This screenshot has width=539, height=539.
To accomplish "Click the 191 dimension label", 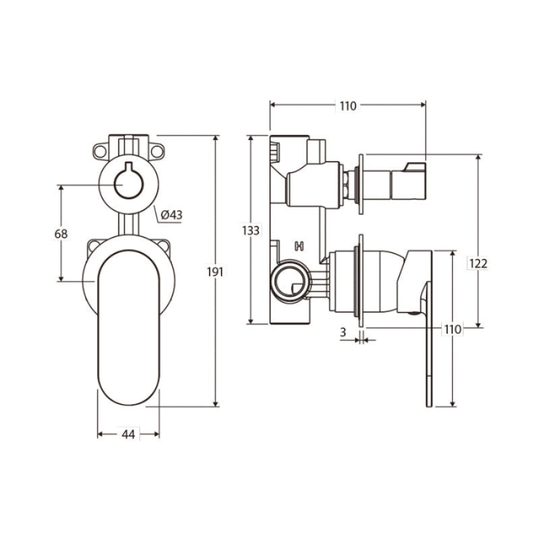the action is pyautogui.click(x=215, y=272).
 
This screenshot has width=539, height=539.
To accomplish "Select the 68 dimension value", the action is pyautogui.click(x=61, y=234).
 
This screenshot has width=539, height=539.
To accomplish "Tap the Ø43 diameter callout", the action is pyautogui.click(x=172, y=215).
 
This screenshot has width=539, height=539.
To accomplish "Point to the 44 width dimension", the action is pyautogui.click(x=128, y=435).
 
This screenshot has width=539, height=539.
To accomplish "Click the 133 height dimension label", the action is pyautogui.click(x=251, y=230).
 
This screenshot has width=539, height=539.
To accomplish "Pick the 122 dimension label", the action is pyautogui.click(x=478, y=263).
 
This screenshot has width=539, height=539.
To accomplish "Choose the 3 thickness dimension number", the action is pyautogui.click(x=343, y=332).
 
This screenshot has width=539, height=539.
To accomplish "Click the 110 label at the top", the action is pyautogui.click(x=348, y=106).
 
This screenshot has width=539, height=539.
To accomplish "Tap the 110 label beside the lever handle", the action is pyautogui.click(x=452, y=329).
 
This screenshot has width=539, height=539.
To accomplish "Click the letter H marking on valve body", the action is pyautogui.click(x=299, y=246).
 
